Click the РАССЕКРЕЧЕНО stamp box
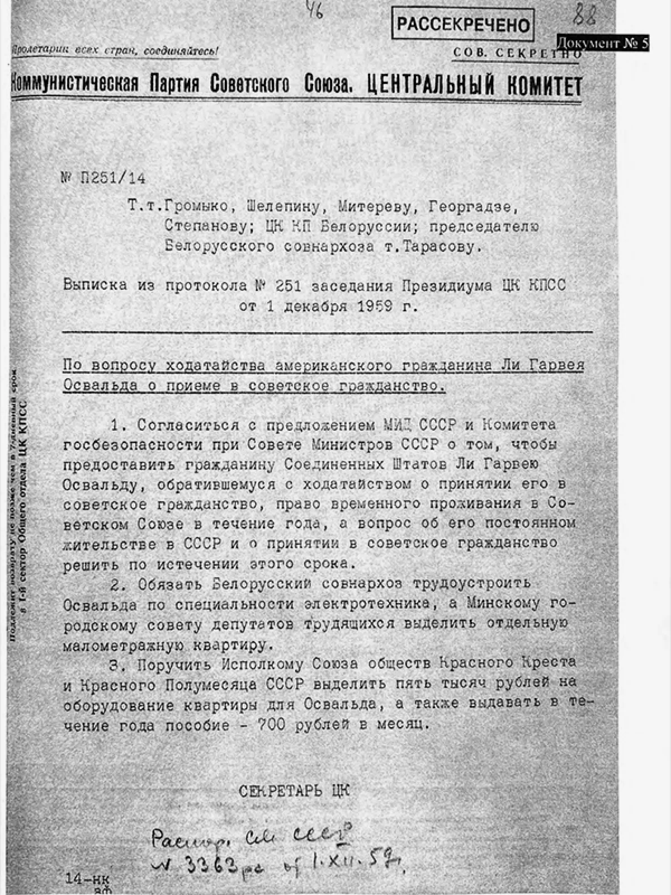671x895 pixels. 463,24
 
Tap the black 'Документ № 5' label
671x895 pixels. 603,43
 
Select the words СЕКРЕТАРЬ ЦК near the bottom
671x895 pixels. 294,792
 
